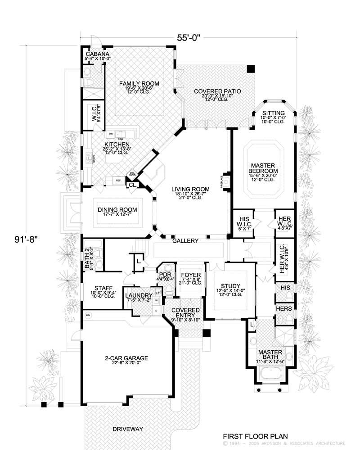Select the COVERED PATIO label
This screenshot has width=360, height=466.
(x=217, y=91)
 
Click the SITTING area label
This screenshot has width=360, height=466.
(x=274, y=113)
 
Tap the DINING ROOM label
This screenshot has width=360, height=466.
(x=117, y=210)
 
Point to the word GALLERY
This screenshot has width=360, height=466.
(x=185, y=241)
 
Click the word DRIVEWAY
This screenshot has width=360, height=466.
(x=127, y=429)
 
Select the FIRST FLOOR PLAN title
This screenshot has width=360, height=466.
(x=255, y=436)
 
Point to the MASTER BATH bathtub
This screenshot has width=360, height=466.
(x=270, y=373)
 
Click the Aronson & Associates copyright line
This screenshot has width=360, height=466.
(x=284, y=443)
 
